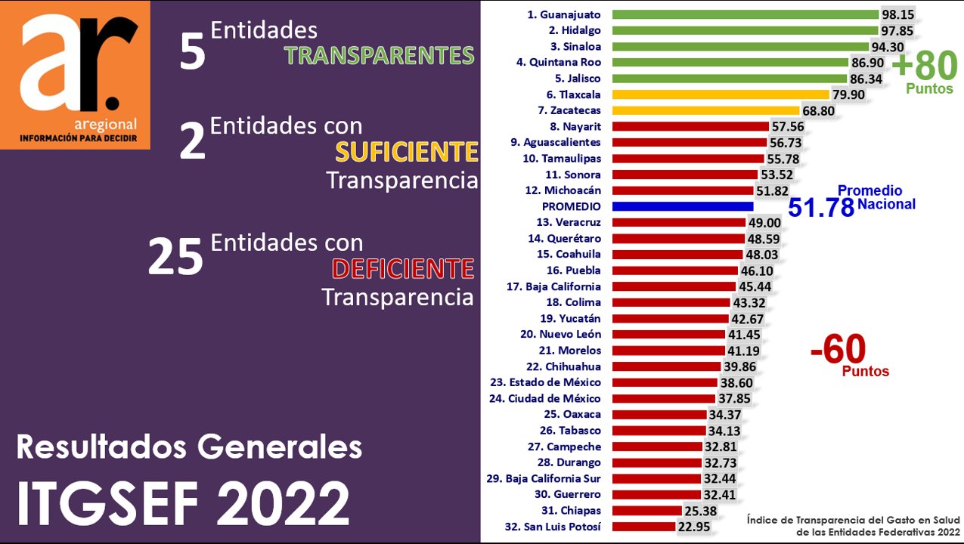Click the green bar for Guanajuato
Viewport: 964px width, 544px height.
pyautogui.click(x=745, y=14)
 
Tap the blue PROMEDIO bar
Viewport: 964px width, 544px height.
pyautogui.click(x=683, y=206)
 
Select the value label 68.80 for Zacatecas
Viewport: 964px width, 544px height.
pyautogui.click(x=818, y=111)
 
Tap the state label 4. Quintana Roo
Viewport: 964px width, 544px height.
pyautogui.click(x=559, y=62)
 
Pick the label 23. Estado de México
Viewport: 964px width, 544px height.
pyautogui.click(x=545, y=382)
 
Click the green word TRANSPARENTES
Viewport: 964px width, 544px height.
pyautogui.click(x=379, y=55)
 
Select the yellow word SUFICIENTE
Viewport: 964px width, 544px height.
pyautogui.click(x=407, y=153)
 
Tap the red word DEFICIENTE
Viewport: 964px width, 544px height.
pyautogui.click(x=402, y=268)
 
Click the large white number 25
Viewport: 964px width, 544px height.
pyautogui.click(x=175, y=257)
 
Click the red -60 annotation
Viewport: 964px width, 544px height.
pyautogui.click(x=837, y=349)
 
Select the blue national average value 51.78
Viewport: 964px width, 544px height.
pyautogui.click(x=820, y=208)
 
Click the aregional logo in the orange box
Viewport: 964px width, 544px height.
pyautogui.click(x=76, y=75)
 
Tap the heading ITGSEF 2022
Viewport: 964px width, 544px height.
pyautogui.click(x=183, y=501)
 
